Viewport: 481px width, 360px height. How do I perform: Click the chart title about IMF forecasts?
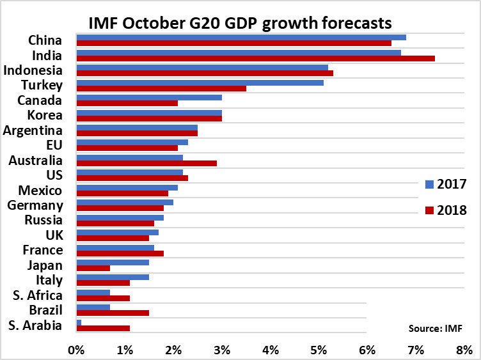click(x=239, y=24)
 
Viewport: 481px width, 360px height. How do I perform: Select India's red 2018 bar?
click(x=255, y=58)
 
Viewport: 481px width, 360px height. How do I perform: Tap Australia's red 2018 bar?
click(x=146, y=163)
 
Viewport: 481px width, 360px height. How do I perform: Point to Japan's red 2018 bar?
click(x=93, y=268)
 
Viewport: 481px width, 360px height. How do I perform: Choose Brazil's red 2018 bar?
click(x=113, y=313)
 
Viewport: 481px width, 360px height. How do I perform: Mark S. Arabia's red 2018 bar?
click(x=103, y=328)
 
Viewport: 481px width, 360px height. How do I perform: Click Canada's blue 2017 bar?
click(x=149, y=97)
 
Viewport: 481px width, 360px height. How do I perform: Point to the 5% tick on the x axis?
click(x=319, y=349)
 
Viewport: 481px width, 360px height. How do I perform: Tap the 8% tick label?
click(x=464, y=349)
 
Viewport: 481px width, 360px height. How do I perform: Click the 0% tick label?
click(x=76, y=349)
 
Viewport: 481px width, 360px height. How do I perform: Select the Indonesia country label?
click(x=33, y=70)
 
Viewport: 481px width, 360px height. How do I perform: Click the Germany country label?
click(x=35, y=205)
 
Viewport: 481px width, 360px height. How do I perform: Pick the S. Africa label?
click(x=38, y=295)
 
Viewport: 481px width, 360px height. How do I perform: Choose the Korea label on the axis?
click(x=45, y=115)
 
